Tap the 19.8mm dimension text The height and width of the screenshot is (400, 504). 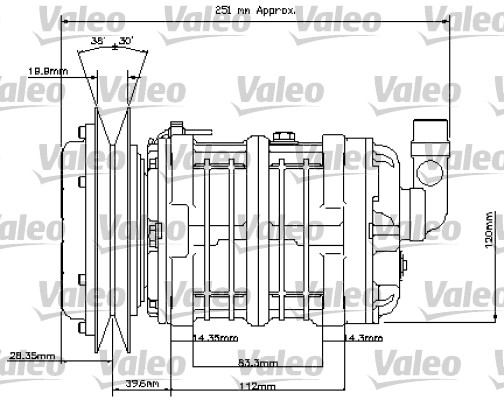coord(47,70)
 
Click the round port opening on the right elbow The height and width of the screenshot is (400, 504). coord(444,163)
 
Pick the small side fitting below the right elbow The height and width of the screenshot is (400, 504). coord(408,269)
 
